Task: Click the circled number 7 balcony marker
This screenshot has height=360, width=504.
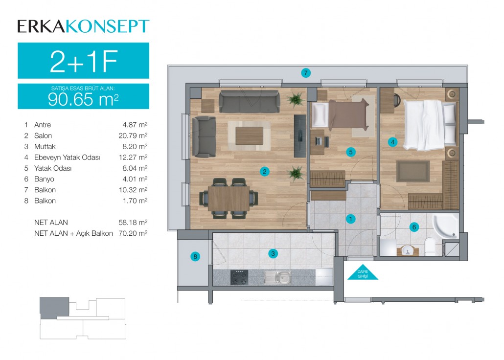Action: [x=306, y=73]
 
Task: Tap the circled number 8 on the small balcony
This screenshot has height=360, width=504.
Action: [x=195, y=257]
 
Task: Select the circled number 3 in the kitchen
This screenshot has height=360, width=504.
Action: [x=273, y=253]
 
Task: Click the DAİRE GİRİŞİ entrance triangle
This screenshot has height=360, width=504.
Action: [x=363, y=273]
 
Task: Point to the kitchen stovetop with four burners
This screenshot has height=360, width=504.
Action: [x=239, y=277]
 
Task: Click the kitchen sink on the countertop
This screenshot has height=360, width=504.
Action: [x=278, y=277]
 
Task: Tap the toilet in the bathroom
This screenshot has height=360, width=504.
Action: [x=430, y=247]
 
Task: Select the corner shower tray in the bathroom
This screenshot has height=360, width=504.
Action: [x=446, y=226]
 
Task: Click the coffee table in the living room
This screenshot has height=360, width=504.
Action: [x=249, y=135]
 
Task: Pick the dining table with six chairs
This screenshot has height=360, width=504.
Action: [x=229, y=198]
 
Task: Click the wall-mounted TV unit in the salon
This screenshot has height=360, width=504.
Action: [x=300, y=136]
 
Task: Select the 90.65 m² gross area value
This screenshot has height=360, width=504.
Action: [x=83, y=99]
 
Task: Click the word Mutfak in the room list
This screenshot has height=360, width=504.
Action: [x=45, y=147]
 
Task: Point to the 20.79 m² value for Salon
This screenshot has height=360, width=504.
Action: [x=133, y=135]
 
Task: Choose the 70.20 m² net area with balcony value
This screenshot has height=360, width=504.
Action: [x=133, y=233]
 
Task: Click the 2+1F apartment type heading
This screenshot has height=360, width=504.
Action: [x=84, y=61]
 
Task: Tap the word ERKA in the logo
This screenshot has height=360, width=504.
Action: [x=42, y=26]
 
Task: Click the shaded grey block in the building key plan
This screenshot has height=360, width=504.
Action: [x=53, y=308]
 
